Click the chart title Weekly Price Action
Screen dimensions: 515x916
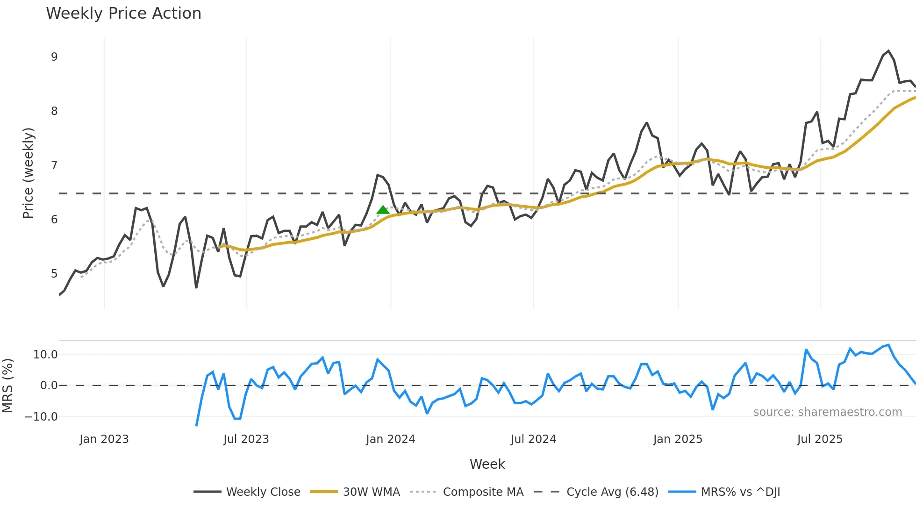point(123,14)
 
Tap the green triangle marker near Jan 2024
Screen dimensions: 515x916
point(383,210)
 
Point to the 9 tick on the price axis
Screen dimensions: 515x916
point(54,57)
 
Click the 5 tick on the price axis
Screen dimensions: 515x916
point(54,274)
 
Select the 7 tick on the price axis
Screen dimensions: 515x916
point(54,165)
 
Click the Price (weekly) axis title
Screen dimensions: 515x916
point(28,173)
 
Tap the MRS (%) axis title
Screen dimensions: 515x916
point(7,386)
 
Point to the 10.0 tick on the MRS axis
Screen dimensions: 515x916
point(45,355)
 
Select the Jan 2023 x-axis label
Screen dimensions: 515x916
point(104,439)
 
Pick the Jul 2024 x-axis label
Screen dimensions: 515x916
point(533,439)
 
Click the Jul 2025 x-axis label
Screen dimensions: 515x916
point(820,439)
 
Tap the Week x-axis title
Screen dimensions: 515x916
point(487,464)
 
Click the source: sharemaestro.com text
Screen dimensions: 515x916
point(827,412)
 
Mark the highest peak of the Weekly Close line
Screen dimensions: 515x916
point(888,51)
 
